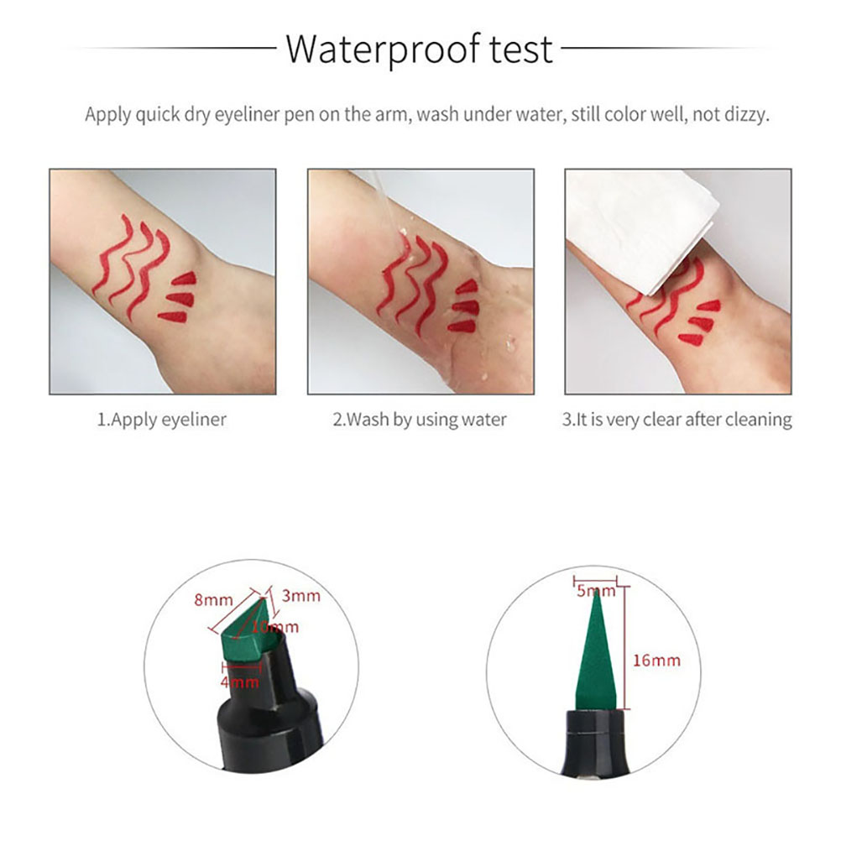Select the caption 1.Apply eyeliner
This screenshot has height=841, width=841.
tap(161, 420)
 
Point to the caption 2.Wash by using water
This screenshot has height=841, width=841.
tap(420, 420)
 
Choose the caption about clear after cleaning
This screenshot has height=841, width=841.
tap(676, 420)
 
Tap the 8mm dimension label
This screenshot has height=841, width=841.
tap(213, 599)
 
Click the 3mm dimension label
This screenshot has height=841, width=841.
tap(300, 596)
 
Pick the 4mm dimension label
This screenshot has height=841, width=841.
tap(239, 682)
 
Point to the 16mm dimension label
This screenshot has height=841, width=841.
tap(656, 661)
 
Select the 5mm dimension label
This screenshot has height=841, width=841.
tap(596, 591)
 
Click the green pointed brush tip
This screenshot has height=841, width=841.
tap(596, 651)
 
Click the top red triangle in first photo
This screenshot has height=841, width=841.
tap(185, 279)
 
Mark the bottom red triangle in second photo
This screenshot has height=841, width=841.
tap(462, 326)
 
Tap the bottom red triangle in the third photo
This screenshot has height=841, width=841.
tap(693, 339)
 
